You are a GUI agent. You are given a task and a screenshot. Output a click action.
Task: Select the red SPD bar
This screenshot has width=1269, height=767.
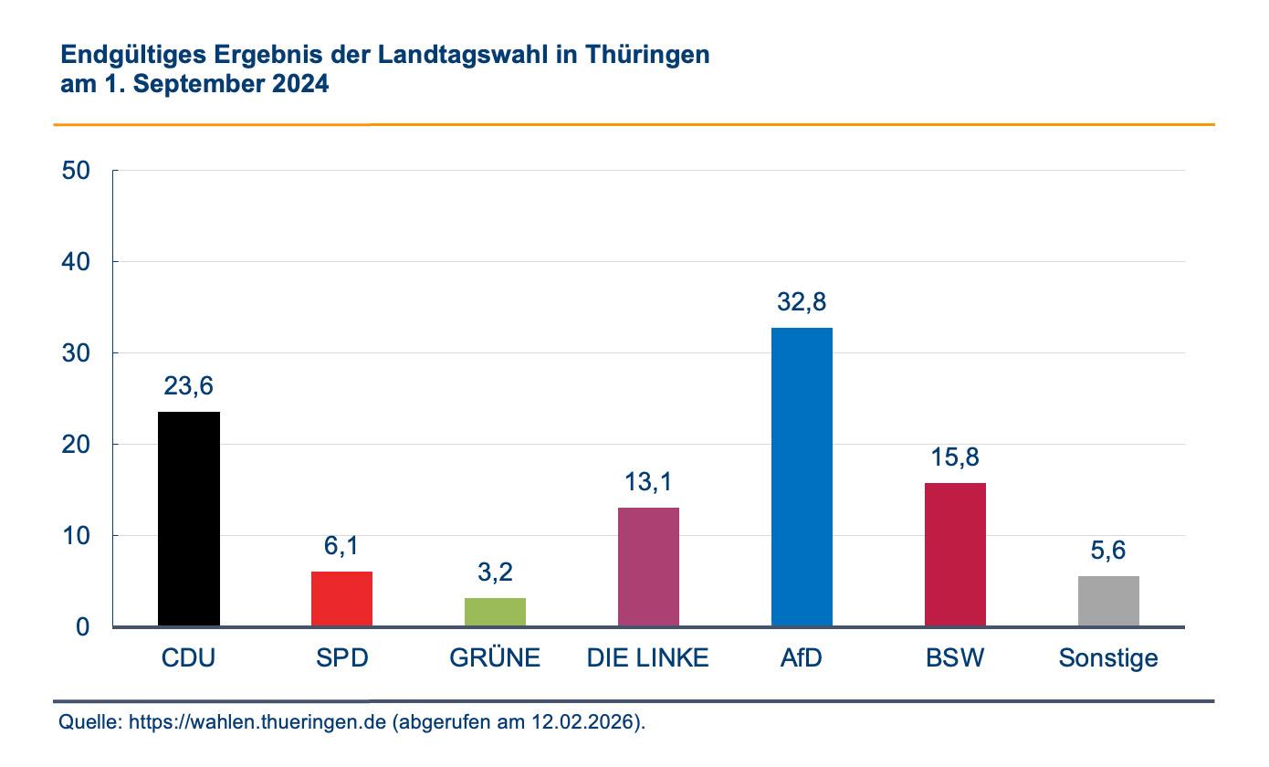341,599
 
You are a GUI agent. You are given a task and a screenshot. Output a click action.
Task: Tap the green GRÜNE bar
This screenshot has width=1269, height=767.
495,612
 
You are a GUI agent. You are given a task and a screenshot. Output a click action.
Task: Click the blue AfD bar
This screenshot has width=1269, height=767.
802,477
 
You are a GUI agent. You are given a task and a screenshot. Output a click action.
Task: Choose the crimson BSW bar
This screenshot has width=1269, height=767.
955,554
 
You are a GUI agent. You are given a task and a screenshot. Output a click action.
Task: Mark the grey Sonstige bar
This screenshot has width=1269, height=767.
1108,601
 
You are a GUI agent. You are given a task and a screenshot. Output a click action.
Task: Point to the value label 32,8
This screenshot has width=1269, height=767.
802,302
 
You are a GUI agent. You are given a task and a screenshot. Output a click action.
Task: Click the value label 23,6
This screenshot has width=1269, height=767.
189,386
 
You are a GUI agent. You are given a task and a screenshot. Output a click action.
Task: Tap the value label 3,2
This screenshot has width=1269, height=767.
495,573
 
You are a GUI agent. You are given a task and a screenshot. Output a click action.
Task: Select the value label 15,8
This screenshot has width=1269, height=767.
955,457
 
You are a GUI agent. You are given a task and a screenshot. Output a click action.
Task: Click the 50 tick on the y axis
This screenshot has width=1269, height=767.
77,171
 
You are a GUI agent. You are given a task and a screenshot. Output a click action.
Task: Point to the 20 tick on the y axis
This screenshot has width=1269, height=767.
77,445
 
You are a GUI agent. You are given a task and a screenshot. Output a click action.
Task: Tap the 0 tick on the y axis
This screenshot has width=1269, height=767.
83,627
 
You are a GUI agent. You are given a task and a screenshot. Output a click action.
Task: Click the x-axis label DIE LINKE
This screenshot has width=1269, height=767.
648,657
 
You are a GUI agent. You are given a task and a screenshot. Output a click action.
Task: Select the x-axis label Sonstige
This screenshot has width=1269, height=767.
1108,657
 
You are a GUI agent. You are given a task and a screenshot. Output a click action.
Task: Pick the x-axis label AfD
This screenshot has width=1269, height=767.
802,657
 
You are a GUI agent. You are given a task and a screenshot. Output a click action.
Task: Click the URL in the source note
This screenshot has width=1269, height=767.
257,722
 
